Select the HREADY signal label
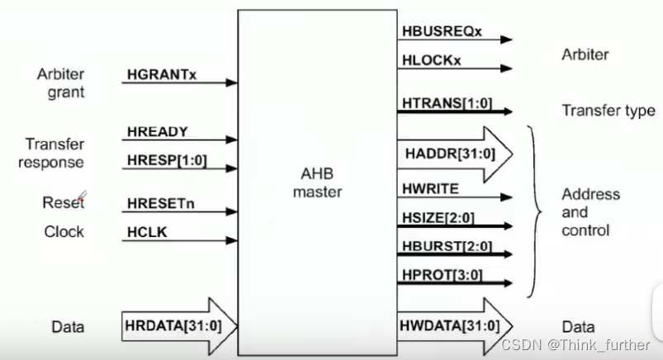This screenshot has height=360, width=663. pyautogui.click(x=158, y=131)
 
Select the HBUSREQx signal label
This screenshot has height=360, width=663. pyautogui.click(x=442, y=31)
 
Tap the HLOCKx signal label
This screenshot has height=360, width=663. pyautogui.click(x=432, y=61)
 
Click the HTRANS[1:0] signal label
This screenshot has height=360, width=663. pyautogui.click(x=446, y=102)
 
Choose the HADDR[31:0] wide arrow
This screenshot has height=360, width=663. pyautogui.click(x=455, y=154)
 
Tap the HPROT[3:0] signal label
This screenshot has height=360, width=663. pyautogui.click(x=443, y=273)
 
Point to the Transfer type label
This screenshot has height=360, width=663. pyautogui.click(x=608, y=111)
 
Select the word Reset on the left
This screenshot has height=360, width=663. pyautogui.click(x=64, y=202)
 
